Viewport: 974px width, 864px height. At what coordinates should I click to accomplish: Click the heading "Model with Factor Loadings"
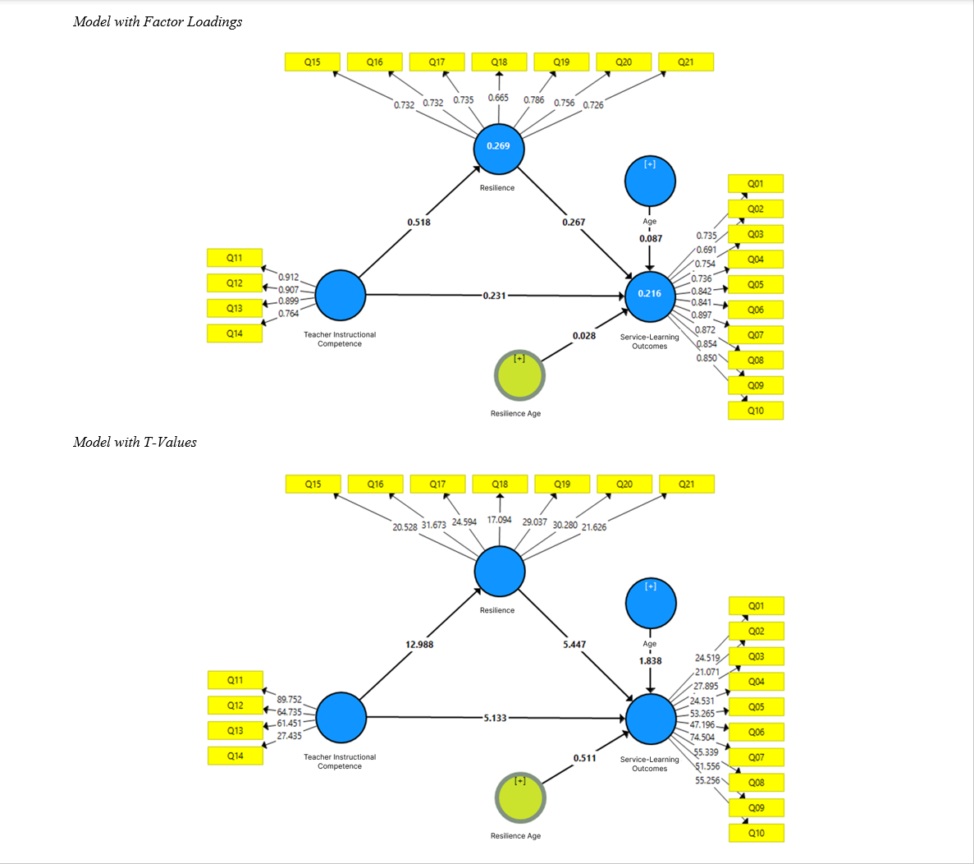(x=158, y=22)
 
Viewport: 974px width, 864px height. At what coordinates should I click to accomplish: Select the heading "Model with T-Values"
(x=135, y=443)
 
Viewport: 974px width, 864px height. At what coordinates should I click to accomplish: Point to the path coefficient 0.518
(x=418, y=223)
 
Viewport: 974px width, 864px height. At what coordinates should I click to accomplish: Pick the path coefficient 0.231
(x=494, y=296)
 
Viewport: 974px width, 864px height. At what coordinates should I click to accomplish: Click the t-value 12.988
(x=419, y=645)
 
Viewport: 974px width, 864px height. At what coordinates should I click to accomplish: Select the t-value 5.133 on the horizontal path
(x=495, y=718)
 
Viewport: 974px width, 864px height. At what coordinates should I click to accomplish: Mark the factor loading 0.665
(x=498, y=98)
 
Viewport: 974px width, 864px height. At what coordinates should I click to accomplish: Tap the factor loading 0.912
(x=288, y=278)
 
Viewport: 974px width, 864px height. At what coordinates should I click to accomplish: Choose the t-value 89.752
(x=289, y=700)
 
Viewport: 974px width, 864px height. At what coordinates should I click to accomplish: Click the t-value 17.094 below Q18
(x=499, y=520)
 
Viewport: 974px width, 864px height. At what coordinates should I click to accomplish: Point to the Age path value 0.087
(x=651, y=239)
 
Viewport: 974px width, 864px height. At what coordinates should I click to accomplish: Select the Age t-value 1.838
(x=651, y=661)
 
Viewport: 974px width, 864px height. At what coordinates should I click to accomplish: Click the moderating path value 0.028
(x=584, y=336)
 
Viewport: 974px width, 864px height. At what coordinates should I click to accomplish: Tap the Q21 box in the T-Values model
(x=686, y=485)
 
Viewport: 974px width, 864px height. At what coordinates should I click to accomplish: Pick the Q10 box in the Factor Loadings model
(x=756, y=411)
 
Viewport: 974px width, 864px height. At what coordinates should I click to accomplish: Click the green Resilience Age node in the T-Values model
(x=520, y=797)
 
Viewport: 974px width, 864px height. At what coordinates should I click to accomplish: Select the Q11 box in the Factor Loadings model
(x=235, y=258)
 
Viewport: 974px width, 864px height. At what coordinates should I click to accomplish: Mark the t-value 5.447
(x=574, y=645)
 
